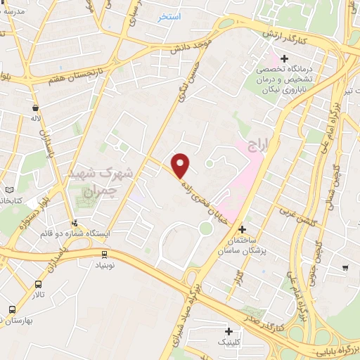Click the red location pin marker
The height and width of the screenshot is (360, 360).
pyautogui.click(x=181, y=165)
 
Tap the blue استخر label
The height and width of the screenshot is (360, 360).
pyautogui.click(x=169, y=16)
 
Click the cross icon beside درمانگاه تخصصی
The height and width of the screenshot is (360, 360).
pyautogui.click(x=284, y=58)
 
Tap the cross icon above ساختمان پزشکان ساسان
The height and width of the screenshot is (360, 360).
pyautogui.click(x=242, y=229)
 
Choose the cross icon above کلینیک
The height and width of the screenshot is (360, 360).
pyautogui.click(x=229, y=331)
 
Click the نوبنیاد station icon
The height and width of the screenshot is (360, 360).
pyautogui.click(x=104, y=255)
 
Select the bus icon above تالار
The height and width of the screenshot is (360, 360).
pyautogui.click(x=38, y=285)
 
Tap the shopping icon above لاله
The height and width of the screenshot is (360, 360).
pyautogui.click(x=35, y=108)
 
